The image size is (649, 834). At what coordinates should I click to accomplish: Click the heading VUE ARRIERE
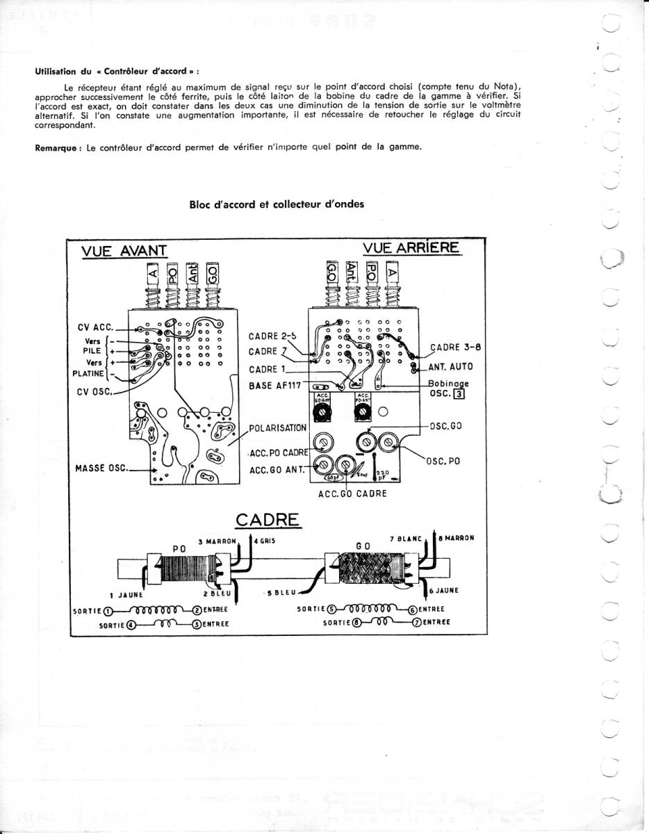coord(411,248)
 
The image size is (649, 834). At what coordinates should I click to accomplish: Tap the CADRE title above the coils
coord(268,519)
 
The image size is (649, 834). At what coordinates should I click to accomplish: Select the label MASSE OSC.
coord(101,468)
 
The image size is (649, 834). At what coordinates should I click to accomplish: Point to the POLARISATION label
coord(277,427)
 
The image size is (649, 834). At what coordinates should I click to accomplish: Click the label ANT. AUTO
coord(451,366)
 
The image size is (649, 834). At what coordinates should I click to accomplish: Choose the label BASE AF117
coord(274,385)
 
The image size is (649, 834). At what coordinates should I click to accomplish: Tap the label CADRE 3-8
coord(455,348)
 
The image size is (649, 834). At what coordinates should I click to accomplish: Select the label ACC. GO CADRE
coord(352,493)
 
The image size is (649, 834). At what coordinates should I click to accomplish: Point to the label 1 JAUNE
coord(126,595)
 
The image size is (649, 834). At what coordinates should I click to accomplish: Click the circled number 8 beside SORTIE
coord(356,623)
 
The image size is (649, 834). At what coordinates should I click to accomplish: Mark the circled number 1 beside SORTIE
coord(108,611)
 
